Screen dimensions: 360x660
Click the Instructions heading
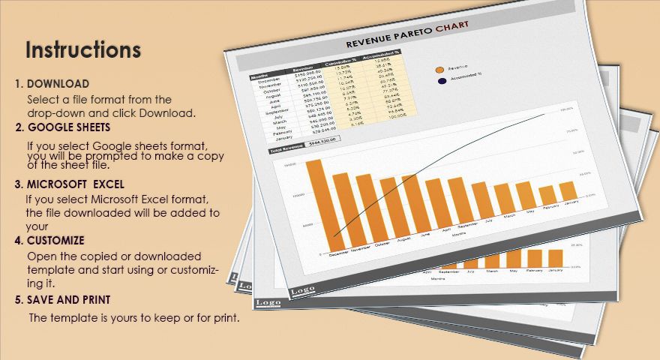pyautogui.click(x=83, y=50)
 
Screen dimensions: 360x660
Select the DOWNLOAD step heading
pyautogui.click(x=58, y=83)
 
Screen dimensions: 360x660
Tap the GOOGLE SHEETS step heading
pyautogui.click(x=69, y=127)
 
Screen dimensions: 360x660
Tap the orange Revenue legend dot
pyautogui.click(x=440, y=70)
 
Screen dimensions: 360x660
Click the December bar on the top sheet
pyautogui.click(x=314, y=202)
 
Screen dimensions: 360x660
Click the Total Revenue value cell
pyautogui.click(x=324, y=139)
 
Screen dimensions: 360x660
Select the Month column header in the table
pyautogui.click(x=259, y=76)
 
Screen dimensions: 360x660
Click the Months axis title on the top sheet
pyautogui.click(x=457, y=233)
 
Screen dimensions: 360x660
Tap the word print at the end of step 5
pyautogui.click(x=223, y=318)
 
